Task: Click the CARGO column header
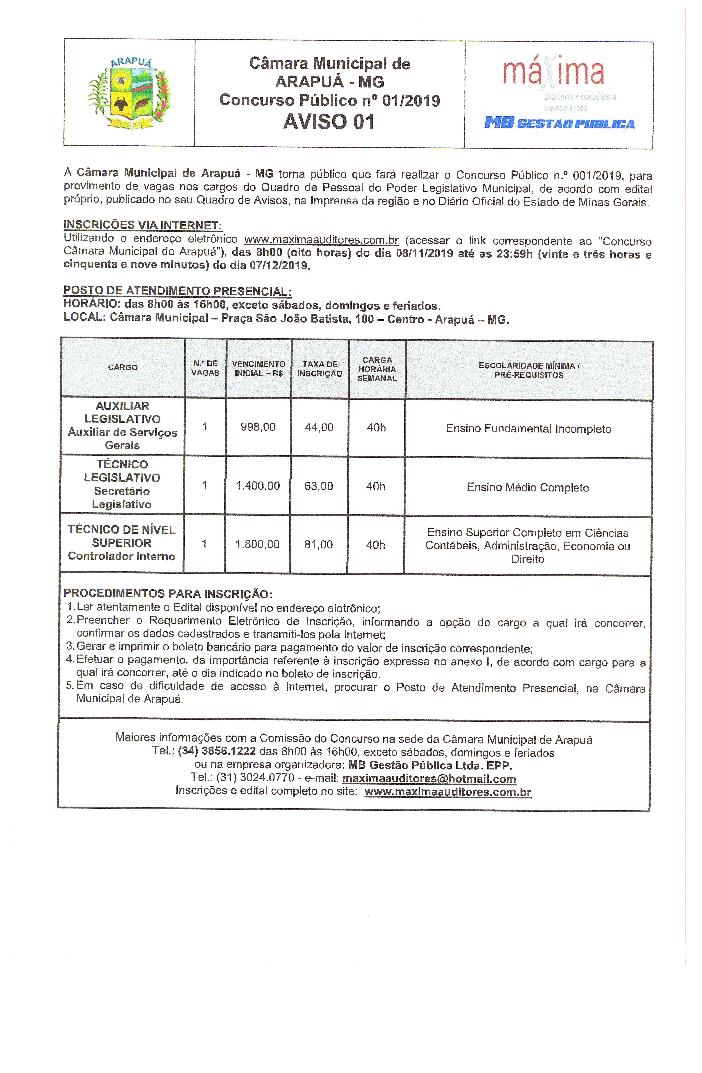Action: (123, 367)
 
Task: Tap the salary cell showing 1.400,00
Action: (258, 486)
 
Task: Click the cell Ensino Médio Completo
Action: (528, 487)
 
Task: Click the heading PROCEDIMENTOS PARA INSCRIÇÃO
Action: (168, 593)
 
